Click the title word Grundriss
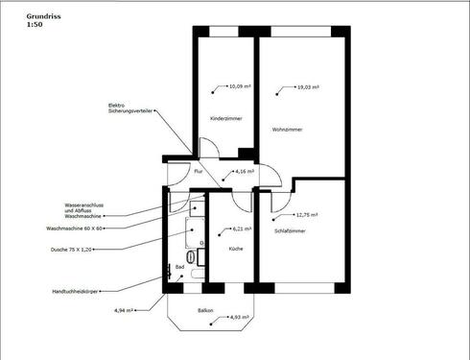point(26,16)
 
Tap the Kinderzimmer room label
point(225,118)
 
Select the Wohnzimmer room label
point(289,130)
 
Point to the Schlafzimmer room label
point(291,231)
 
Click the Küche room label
point(235,249)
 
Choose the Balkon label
point(205,310)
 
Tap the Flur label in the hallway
point(199,171)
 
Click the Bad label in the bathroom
point(180,268)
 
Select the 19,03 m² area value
point(308,87)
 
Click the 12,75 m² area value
point(307,215)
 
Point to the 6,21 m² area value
point(242,229)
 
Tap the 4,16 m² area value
point(246,172)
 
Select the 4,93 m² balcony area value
point(239,317)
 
